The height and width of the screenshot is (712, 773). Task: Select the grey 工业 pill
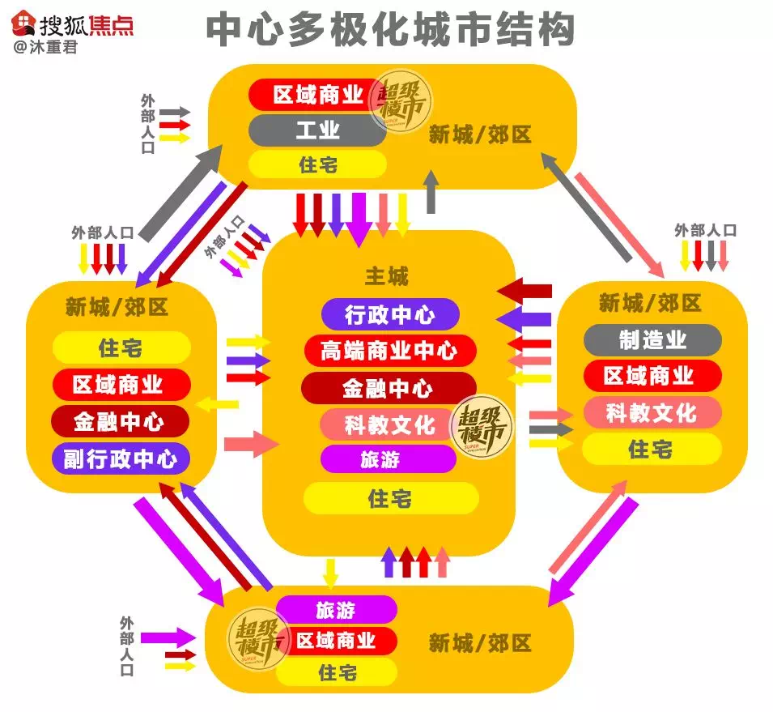[x=316, y=130]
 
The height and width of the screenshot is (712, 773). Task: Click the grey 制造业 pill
[x=652, y=339]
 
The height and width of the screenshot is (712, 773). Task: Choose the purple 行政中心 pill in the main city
[x=389, y=314]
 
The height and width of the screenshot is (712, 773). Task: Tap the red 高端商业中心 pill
[x=389, y=351]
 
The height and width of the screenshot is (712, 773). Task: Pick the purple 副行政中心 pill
[x=120, y=459]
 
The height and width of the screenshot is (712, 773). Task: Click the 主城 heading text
[x=387, y=277]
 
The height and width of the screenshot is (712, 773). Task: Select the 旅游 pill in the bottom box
[x=336, y=609]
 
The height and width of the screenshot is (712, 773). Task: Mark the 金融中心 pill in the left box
[x=120, y=422]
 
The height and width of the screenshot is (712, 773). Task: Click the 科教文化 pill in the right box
[x=652, y=412]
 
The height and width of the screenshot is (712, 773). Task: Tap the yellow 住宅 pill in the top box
[x=316, y=165]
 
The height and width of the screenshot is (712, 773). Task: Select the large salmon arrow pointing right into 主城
[x=251, y=444]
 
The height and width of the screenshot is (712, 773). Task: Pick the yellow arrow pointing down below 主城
[x=329, y=572]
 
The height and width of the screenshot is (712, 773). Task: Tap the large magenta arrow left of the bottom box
[x=168, y=637]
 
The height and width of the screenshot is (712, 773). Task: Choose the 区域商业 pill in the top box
[x=316, y=95]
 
